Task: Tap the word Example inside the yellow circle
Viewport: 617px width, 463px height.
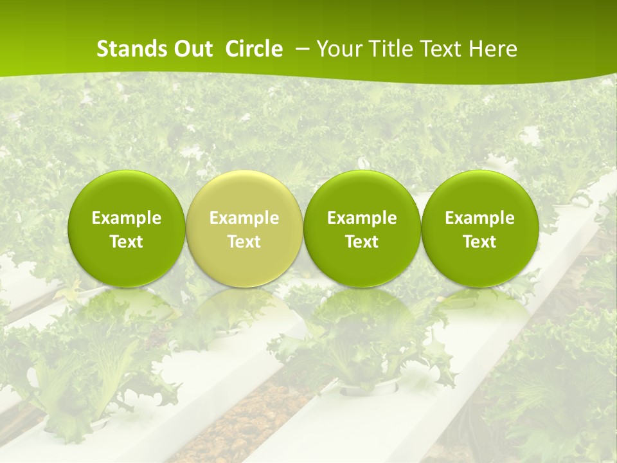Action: [x=244, y=218]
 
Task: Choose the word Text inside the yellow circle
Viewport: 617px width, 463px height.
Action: [x=244, y=242]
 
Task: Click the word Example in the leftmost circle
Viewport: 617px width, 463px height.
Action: [x=126, y=218]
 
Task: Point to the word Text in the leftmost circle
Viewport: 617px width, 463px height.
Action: [x=126, y=242]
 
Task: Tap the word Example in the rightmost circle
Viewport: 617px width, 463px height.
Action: [x=479, y=218]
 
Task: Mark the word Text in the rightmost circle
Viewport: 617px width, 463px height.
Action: [x=479, y=242]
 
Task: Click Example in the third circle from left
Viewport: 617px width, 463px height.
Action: [x=362, y=218]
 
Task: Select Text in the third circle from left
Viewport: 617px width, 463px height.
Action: [x=362, y=242]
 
